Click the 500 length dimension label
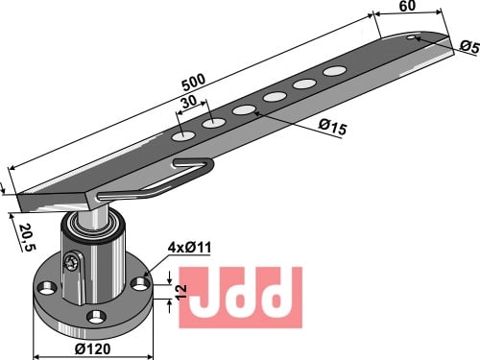coord(194,83)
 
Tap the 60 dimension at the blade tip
coord(407,6)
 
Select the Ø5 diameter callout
coord(470,47)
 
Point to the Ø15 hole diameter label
coord(332,127)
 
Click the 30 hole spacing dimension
coord(189,102)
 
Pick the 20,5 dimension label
coord(28,237)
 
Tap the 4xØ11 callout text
coord(189,247)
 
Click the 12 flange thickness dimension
coord(181,292)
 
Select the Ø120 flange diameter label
coord(93,348)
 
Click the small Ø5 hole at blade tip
coord(411,37)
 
